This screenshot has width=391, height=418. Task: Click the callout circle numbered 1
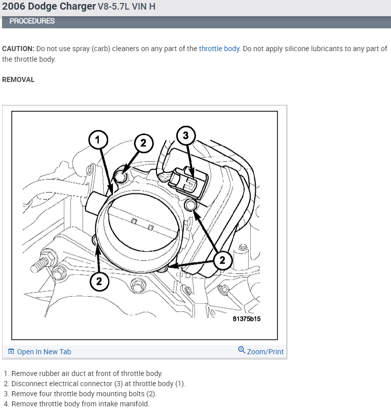click(98, 140)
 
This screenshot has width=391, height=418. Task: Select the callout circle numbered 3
click(186, 135)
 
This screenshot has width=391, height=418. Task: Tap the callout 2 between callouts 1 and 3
click(143, 143)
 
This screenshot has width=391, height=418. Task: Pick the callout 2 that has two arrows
click(222, 261)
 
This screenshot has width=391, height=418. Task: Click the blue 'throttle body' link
click(219, 49)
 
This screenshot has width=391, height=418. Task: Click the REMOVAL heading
click(18, 79)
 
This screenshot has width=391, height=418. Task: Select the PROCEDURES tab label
click(32, 21)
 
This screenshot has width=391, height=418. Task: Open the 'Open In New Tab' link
click(44, 352)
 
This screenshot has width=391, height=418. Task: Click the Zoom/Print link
click(265, 352)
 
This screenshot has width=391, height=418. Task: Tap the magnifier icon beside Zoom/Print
click(242, 350)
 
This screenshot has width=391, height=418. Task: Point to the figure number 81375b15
click(247, 319)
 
